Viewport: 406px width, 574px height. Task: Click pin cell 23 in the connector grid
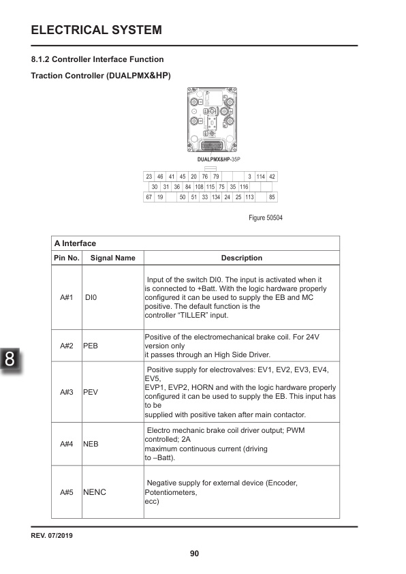[x=149, y=177]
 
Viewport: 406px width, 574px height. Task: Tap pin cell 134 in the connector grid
[x=215, y=197]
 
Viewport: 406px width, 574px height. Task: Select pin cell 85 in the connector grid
[x=272, y=197]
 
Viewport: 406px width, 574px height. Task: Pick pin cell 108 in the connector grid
[x=200, y=187]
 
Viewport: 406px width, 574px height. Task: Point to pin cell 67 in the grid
[x=149, y=197]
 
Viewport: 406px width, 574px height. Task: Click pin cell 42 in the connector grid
[x=272, y=177]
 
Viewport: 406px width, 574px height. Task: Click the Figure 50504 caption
[x=266, y=218]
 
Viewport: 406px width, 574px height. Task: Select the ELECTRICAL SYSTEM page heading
[x=96, y=30]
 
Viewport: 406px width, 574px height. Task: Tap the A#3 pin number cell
[x=66, y=393]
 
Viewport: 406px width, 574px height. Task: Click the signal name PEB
[x=92, y=346]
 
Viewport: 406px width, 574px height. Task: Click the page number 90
[x=195, y=554]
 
